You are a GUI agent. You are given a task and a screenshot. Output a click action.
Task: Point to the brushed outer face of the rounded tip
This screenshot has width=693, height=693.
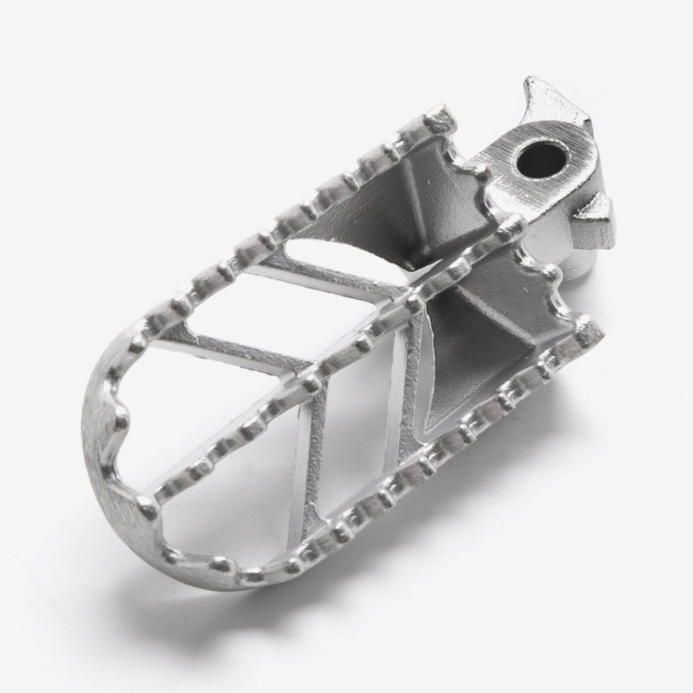click(x=104, y=444)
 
